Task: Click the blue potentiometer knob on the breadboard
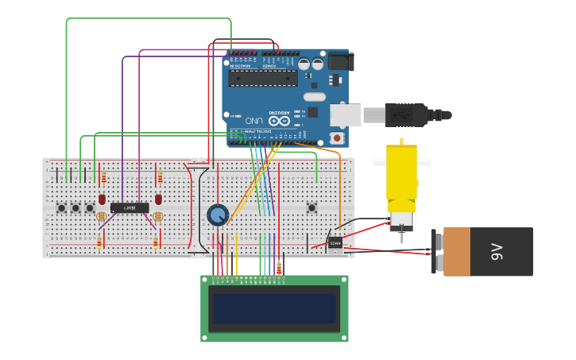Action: tap(218, 215)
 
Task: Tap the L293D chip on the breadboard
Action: tap(130, 208)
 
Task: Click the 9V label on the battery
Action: tap(497, 252)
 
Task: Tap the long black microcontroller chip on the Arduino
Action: tap(263, 78)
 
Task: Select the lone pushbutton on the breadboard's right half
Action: tap(311, 208)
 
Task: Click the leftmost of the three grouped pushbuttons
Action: tap(62, 208)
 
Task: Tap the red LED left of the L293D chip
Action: tap(102, 199)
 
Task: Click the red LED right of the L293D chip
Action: tap(158, 199)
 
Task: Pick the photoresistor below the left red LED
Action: tap(101, 216)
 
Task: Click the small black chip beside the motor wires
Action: tap(335, 242)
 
